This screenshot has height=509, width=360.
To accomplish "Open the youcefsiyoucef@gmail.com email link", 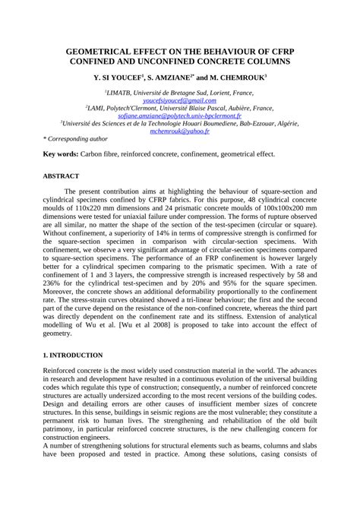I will click(x=179, y=100).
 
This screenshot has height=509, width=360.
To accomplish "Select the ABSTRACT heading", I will click(x=60, y=175).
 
